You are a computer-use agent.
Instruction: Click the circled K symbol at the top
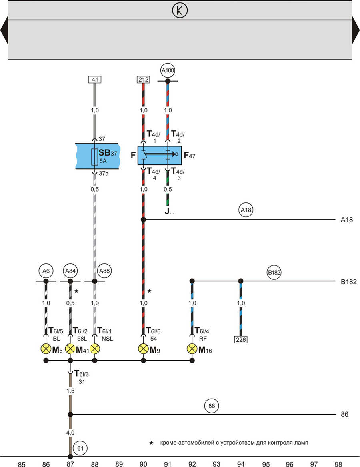point(180,10)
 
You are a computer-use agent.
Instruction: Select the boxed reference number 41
point(95,80)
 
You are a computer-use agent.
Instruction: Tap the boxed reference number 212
point(143,80)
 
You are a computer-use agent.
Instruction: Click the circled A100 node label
point(168,71)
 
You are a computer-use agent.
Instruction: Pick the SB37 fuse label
point(108,153)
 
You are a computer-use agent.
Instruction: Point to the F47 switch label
point(190,155)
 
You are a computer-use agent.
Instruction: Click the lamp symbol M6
point(46,349)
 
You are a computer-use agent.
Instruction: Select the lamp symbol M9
point(143,349)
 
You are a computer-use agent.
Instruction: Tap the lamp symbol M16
point(192,349)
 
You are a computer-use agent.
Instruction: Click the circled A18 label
point(246,210)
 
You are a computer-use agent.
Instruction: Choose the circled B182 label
point(274,273)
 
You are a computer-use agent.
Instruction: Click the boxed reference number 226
point(241,339)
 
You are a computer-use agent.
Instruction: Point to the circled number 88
point(212,406)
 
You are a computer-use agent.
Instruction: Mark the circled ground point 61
point(80,448)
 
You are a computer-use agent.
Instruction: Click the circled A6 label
point(46,271)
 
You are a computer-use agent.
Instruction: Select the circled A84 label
point(70,271)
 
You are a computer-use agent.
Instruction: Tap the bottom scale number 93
point(216,464)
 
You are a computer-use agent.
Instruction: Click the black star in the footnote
point(151,443)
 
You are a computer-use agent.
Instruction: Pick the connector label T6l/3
point(81,374)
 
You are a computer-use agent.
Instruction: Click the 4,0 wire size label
point(70,433)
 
